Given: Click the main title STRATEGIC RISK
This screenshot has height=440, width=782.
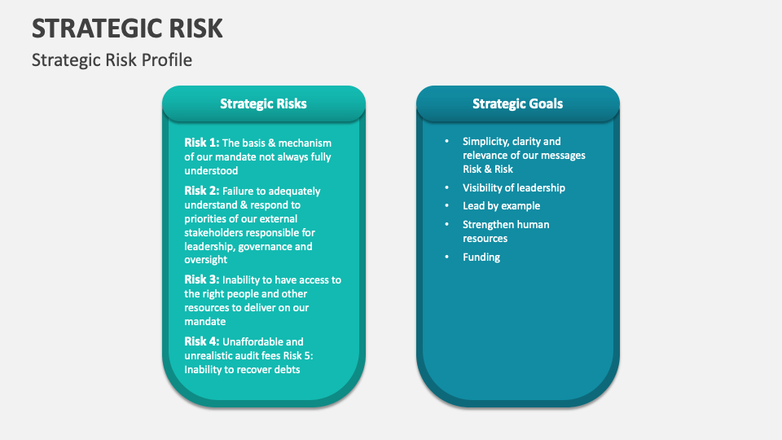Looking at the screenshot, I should (127, 28).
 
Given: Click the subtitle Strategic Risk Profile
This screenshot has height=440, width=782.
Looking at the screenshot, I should (112, 60).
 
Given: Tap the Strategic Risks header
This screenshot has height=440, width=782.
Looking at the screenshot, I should (263, 103).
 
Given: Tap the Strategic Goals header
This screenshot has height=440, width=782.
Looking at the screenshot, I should (517, 103).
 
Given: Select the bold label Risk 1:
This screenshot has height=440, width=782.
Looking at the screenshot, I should (201, 143).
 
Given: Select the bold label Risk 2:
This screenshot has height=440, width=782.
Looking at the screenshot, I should (201, 191).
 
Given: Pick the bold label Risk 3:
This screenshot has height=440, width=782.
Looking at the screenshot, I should (201, 279).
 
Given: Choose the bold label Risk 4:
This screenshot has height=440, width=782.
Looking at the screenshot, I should (201, 341).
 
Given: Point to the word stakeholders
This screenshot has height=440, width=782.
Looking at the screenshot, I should (215, 232).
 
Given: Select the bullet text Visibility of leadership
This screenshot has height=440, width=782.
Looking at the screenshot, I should (513, 187).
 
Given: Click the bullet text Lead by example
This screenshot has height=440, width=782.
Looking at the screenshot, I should (501, 206).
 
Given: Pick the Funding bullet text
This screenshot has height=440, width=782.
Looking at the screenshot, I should (481, 257).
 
